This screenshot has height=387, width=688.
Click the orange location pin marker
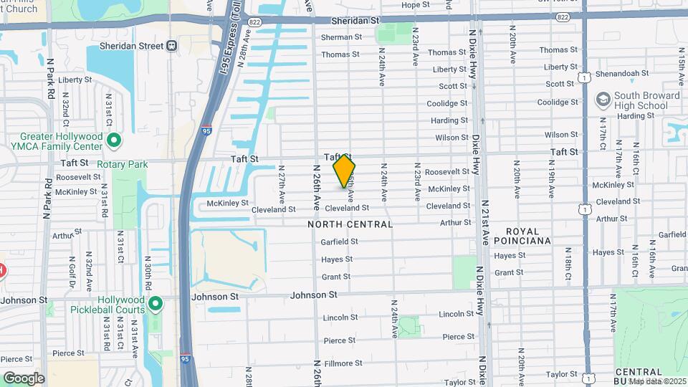(344, 171)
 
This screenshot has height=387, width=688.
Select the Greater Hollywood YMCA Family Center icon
(113, 140)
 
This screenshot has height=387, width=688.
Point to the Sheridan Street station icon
(171, 46)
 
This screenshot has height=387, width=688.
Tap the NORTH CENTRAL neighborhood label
(350, 224)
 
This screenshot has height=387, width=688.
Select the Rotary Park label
(123, 164)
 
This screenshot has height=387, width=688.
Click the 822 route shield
(254, 23)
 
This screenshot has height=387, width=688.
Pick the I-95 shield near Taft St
(207, 131)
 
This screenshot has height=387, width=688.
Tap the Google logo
(24, 378)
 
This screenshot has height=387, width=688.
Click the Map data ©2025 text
(657, 381)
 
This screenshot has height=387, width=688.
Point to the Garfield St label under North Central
(339, 242)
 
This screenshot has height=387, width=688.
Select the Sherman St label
(337, 37)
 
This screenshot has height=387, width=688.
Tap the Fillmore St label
(343, 363)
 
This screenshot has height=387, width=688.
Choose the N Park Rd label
(49, 195)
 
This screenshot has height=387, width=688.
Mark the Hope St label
(415, 5)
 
